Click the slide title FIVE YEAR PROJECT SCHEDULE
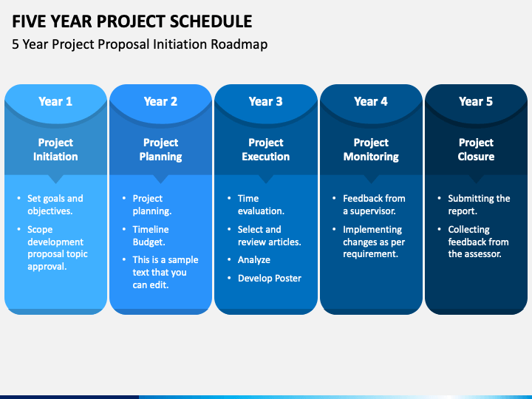(132, 21)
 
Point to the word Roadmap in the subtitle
(239, 44)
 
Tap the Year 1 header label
(55, 101)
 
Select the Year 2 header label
(160, 101)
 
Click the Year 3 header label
(266, 101)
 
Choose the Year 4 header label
(371, 101)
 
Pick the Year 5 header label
(476, 101)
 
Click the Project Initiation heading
(55, 149)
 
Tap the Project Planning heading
(161, 149)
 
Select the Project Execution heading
(266, 149)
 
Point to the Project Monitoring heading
(371, 149)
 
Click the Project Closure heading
(476, 149)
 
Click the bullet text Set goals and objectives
(55, 205)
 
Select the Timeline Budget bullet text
(151, 236)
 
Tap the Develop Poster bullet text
(270, 279)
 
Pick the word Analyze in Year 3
(254, 260)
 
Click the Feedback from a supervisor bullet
(374, 205)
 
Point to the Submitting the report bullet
(479, 205)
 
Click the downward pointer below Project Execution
(266, 179)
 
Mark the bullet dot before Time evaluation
(229, 198)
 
